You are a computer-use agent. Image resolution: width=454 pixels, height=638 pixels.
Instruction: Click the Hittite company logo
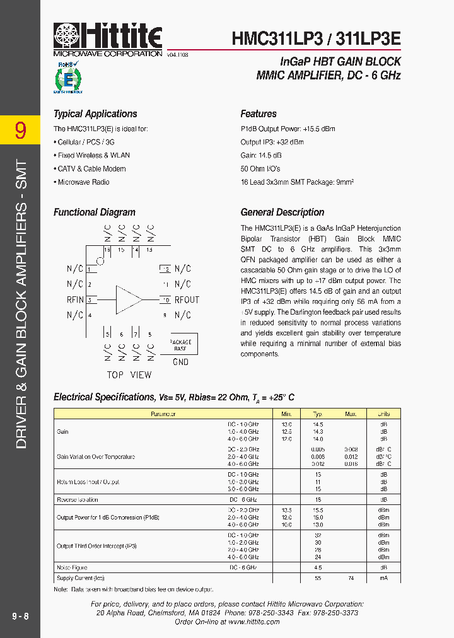coord(108,37)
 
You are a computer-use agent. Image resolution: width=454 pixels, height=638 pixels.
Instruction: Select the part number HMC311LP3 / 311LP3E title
coord(315,38)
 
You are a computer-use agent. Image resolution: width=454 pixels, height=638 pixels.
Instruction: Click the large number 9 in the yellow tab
coord(20,130)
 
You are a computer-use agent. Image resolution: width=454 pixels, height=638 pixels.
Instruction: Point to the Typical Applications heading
coord(95,114)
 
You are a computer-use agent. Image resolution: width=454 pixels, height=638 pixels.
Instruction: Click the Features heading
coord(259,114)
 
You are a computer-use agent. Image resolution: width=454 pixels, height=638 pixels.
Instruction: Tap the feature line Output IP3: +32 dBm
coord(272,142)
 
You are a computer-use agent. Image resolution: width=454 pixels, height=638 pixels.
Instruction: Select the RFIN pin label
coord(75,299)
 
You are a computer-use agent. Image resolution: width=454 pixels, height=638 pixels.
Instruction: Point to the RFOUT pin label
coord(187,299)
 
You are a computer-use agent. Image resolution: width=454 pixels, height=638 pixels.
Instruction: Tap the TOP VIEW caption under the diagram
coord(129,374)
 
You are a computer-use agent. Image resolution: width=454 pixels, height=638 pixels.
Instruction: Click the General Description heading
coord(282,212)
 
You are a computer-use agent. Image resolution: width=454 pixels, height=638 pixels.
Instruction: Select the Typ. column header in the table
coord(318,414)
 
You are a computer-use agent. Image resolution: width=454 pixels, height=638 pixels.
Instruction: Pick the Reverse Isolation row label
coord(78,500)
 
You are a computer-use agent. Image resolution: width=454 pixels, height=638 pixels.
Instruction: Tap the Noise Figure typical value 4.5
coord(318,567)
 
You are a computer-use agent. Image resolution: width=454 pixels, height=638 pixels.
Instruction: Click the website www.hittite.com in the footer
coord(253,622)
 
